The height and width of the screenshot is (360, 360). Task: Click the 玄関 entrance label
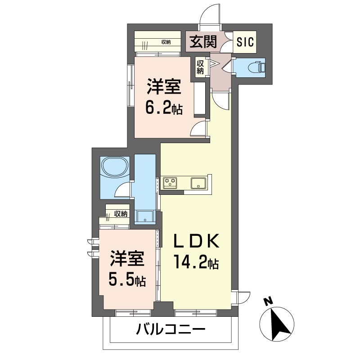(x=203, y=41)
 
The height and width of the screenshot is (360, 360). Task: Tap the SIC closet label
(x=245, y=42)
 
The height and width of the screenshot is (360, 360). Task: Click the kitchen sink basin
(x=199, y=183)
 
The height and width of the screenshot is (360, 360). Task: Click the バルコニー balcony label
(x=171, y=330)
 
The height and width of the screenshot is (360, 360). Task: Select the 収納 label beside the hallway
(x=200, y=67)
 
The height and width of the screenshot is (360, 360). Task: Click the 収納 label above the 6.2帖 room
(x=166, y=42)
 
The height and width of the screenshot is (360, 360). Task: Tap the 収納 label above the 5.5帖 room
(x=121, y=214)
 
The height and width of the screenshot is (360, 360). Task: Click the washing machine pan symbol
(x=145, y=216)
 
